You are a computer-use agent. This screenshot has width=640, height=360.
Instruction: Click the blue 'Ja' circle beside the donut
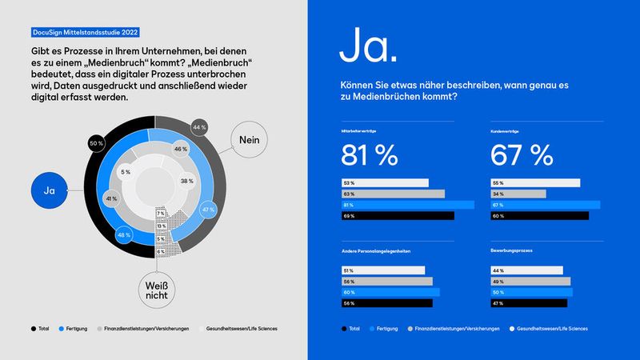[x=48, y=191]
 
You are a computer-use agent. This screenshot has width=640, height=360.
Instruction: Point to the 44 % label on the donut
[x=200, y=126]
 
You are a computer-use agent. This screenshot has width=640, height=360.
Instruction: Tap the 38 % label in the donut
[x=185, y=181]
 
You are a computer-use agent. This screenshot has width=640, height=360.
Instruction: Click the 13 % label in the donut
[x=161, y=226]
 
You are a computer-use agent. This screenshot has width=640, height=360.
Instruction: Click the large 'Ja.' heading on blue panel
[x=367, y=47]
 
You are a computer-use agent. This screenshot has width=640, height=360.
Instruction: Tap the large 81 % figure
[x=369, y=154]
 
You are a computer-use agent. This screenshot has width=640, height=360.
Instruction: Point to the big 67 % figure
[x=521, y=154]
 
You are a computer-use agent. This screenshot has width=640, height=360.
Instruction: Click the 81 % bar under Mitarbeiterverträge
[x=408, y=204]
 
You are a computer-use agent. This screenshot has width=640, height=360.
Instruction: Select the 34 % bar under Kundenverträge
[x=518, y=194]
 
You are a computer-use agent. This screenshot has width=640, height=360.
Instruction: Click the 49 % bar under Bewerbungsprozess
[x=530, y=282]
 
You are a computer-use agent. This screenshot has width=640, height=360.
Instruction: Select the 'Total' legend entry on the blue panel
[x=350, y=329]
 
